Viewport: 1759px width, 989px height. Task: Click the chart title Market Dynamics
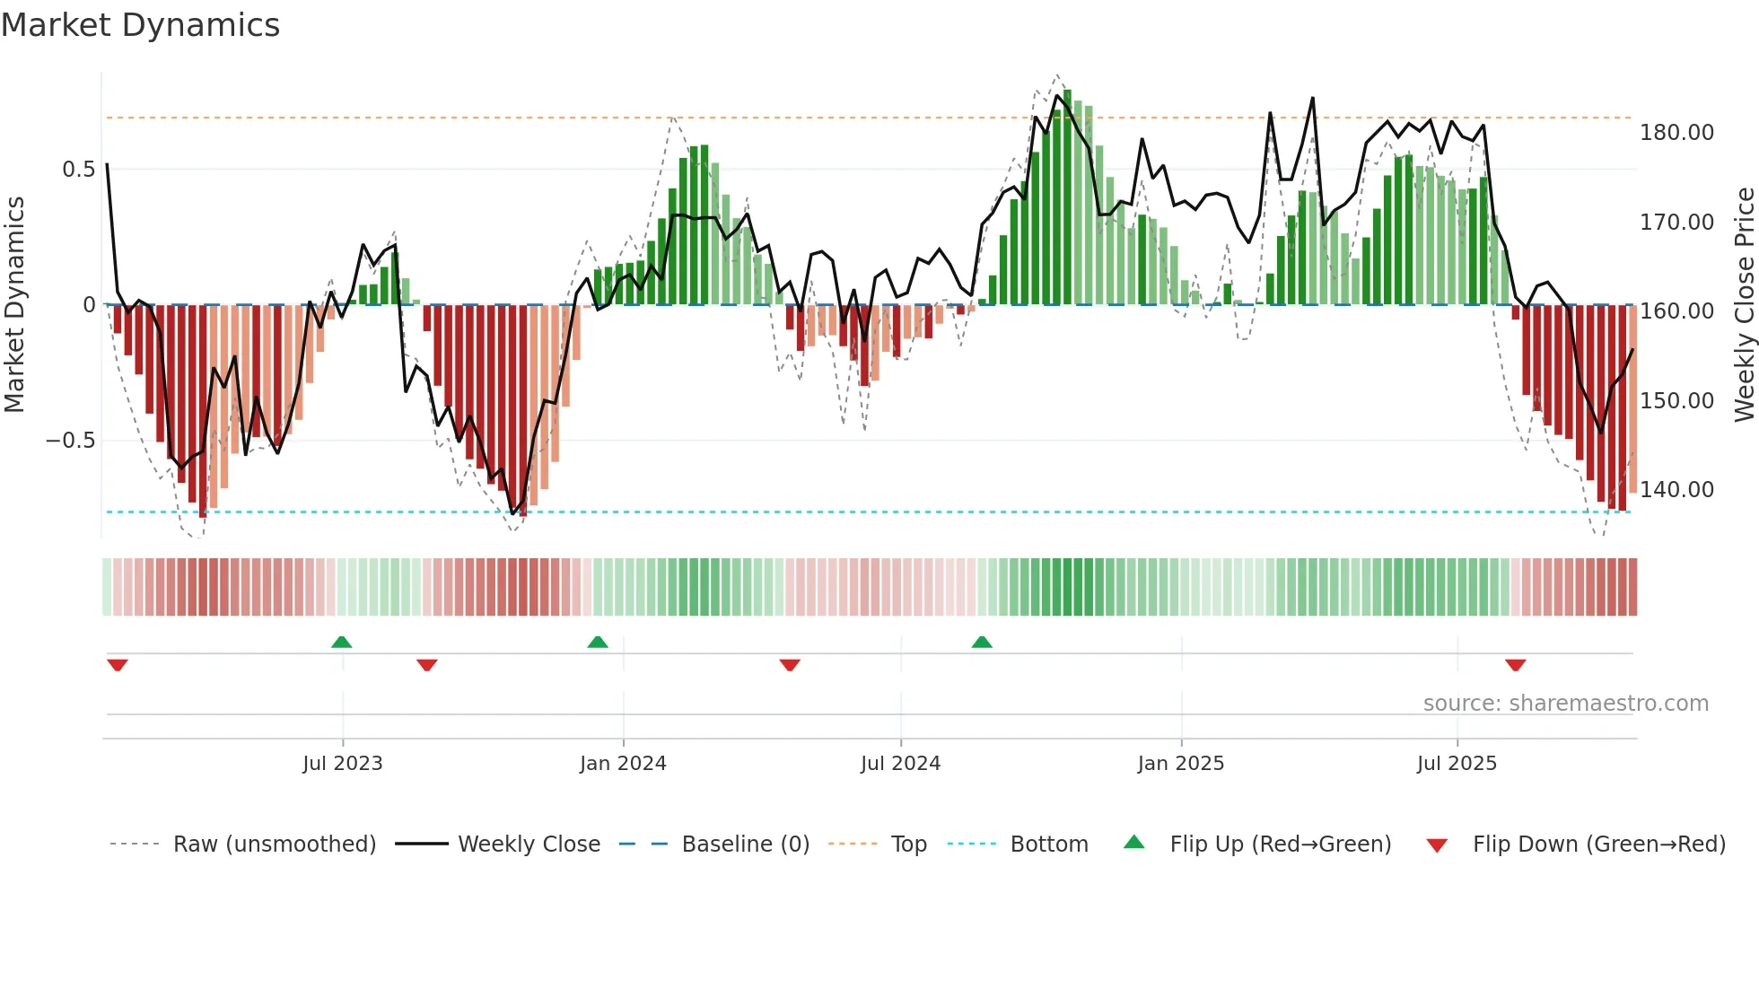(x=140, y=25)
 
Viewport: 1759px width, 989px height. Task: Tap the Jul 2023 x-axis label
(x=342, y=764)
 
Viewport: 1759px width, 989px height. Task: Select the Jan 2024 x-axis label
(x=623, y=764)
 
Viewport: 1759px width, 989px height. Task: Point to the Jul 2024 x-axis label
(x=900, y=764)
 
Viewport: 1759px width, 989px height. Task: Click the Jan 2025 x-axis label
(x=1180, y=764)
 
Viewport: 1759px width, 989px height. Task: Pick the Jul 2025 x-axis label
(x=1457, y=764)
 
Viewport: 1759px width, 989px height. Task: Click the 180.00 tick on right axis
(x=1676, y=133)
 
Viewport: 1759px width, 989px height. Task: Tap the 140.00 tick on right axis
(x=1676, y=490)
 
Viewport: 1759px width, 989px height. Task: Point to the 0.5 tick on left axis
(x=78, y=170)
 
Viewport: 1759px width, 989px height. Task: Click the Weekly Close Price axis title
(x=1744, y=305)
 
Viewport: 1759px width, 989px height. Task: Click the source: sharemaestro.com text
(x=1565, y=704)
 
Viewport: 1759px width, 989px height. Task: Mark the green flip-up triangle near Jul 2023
(x=341, y=642)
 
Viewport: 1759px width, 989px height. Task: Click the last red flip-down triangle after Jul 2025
(x=1516, y=665)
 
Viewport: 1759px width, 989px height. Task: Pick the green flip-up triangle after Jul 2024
(x=982, y=642)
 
